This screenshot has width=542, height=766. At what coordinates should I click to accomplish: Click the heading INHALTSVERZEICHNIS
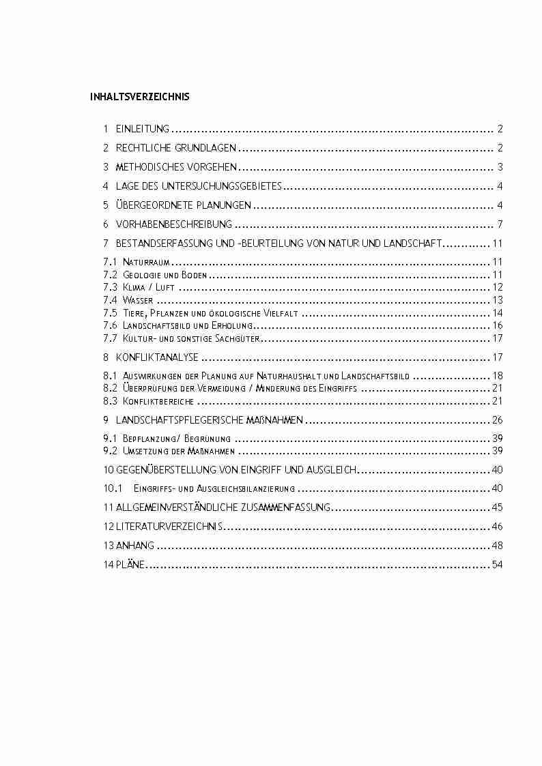pos(139,97)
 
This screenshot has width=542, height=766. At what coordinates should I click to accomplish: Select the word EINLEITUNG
pos(143,129)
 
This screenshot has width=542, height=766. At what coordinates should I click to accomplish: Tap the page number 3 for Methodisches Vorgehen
pos(500,167)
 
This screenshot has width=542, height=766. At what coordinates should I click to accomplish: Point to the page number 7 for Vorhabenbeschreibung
pos(500,224)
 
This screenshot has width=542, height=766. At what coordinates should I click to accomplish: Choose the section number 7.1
pos(110,262)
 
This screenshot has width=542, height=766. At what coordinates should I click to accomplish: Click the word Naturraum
pos(146,262)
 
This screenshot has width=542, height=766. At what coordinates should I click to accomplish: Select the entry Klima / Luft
pos(149,287)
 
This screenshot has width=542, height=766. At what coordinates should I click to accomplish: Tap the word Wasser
pos(138,300)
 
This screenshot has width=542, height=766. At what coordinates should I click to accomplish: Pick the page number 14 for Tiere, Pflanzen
pos(497,313)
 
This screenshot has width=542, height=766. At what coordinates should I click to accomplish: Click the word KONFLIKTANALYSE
pos(157,357)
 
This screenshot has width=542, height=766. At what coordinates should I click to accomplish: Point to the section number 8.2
pos(111,388)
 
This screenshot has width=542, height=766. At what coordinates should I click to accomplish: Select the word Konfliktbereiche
pos(158,401)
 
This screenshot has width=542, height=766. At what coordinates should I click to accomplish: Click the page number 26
pos(497,420)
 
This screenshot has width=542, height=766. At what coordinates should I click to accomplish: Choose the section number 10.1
pos(112,488)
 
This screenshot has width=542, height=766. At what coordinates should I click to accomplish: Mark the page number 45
pos(497,507)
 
